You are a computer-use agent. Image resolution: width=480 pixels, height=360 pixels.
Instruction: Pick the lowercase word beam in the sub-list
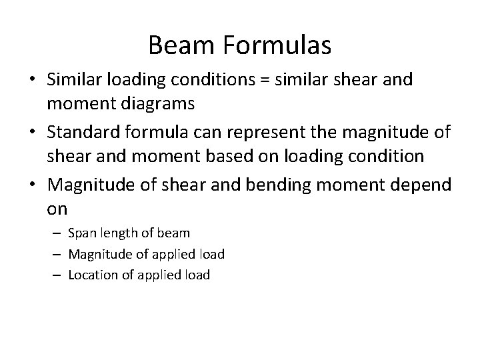click(174, 233)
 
